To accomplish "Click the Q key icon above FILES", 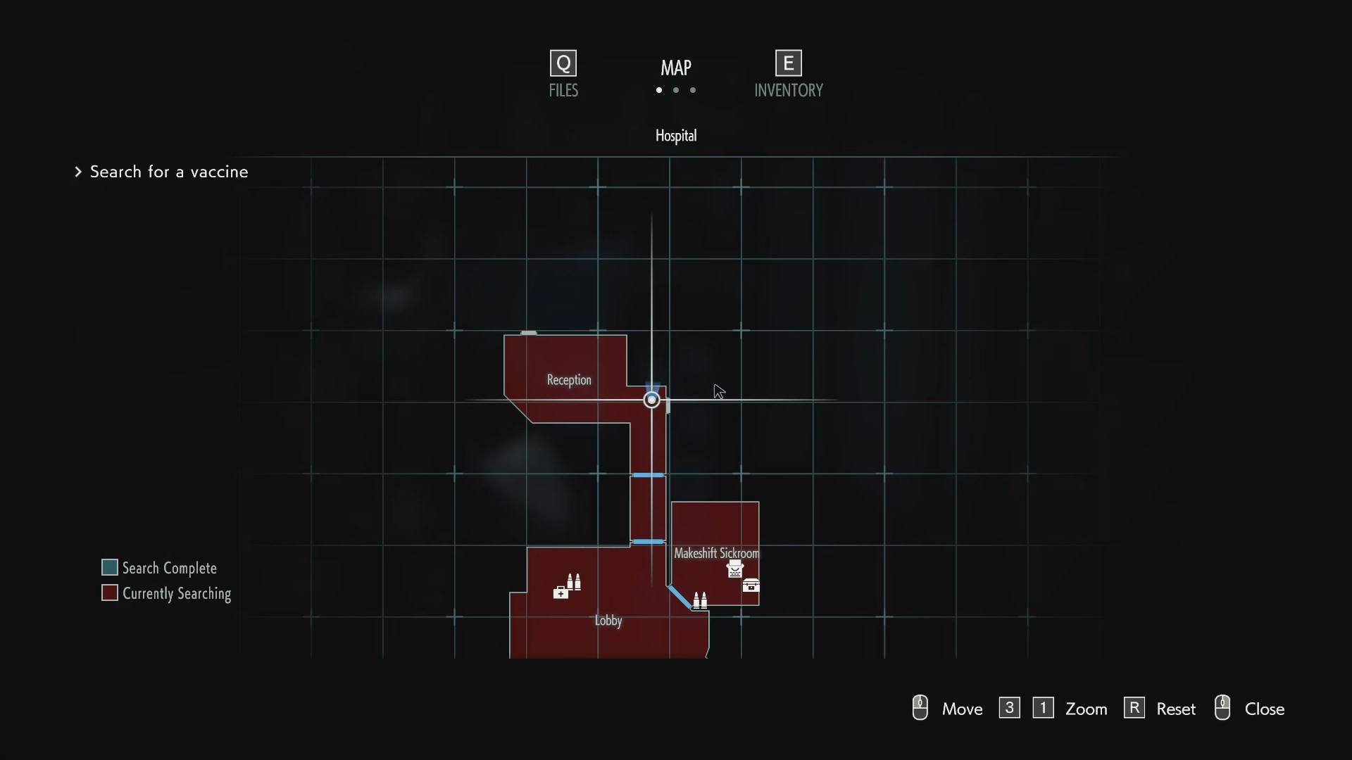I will coord(563,63).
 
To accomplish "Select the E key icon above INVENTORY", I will coord(788,63).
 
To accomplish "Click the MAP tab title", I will coord(676,68).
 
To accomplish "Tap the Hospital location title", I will coord(676,136).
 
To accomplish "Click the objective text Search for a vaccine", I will coord(169,172).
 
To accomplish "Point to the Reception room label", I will coord(569,380).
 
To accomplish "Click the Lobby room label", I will coord(608,621).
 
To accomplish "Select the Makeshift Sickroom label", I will coord(716,553).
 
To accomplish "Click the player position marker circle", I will coord(651,400).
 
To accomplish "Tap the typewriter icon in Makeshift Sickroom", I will coord(734,569).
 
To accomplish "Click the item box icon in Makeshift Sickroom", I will coord(751,585).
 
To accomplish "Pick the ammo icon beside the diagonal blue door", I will coord(700,600).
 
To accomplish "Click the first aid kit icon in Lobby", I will coord(561,593).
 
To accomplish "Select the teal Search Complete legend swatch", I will coord(110,567).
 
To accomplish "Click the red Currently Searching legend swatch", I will coord(110,593).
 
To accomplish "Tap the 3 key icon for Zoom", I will coord(1009,708).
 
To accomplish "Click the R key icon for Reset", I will coord(1134,708).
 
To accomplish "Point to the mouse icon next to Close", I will coord(1222,708).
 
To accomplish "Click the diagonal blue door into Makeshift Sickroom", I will coord(680,597).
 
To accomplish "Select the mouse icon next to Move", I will coord(920,708).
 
